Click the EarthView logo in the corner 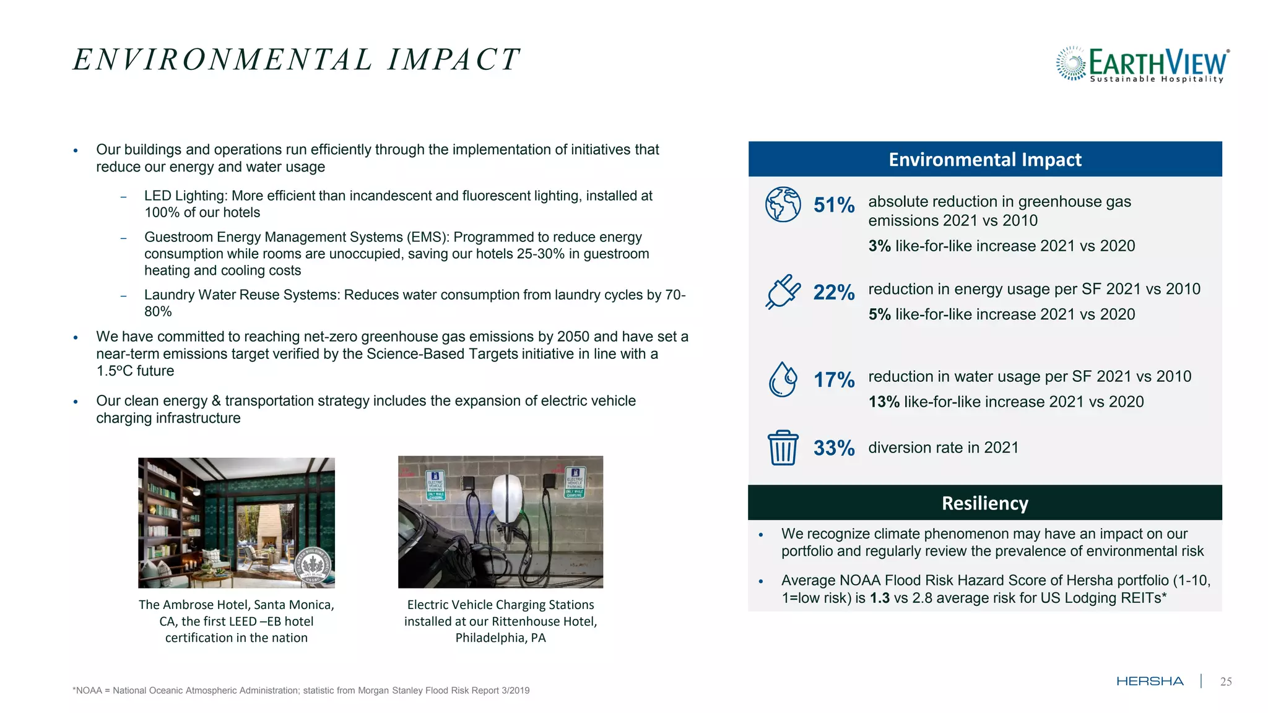(x=1142, y=64)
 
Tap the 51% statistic (x=833, y=205)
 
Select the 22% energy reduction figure (x=833, y=292)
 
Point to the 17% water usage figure (x=833, y=379)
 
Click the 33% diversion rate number (x=833, y=447)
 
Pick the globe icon (x=783, y=204)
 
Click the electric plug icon (x=783, y=292)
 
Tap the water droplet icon (x=783, y=379)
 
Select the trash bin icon (x=783, y=447)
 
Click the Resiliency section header (x=984, y=503)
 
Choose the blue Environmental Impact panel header (x=984, y=159)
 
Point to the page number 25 (x=1225, y=681)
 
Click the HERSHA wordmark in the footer (x=1150, y=681)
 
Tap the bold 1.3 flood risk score (x=879, y=598)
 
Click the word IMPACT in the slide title (x=453, y=60)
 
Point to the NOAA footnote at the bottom (x=301, y=690)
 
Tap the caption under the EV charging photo (x=500, y=621)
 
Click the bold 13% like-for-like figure (x=884, y=402)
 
